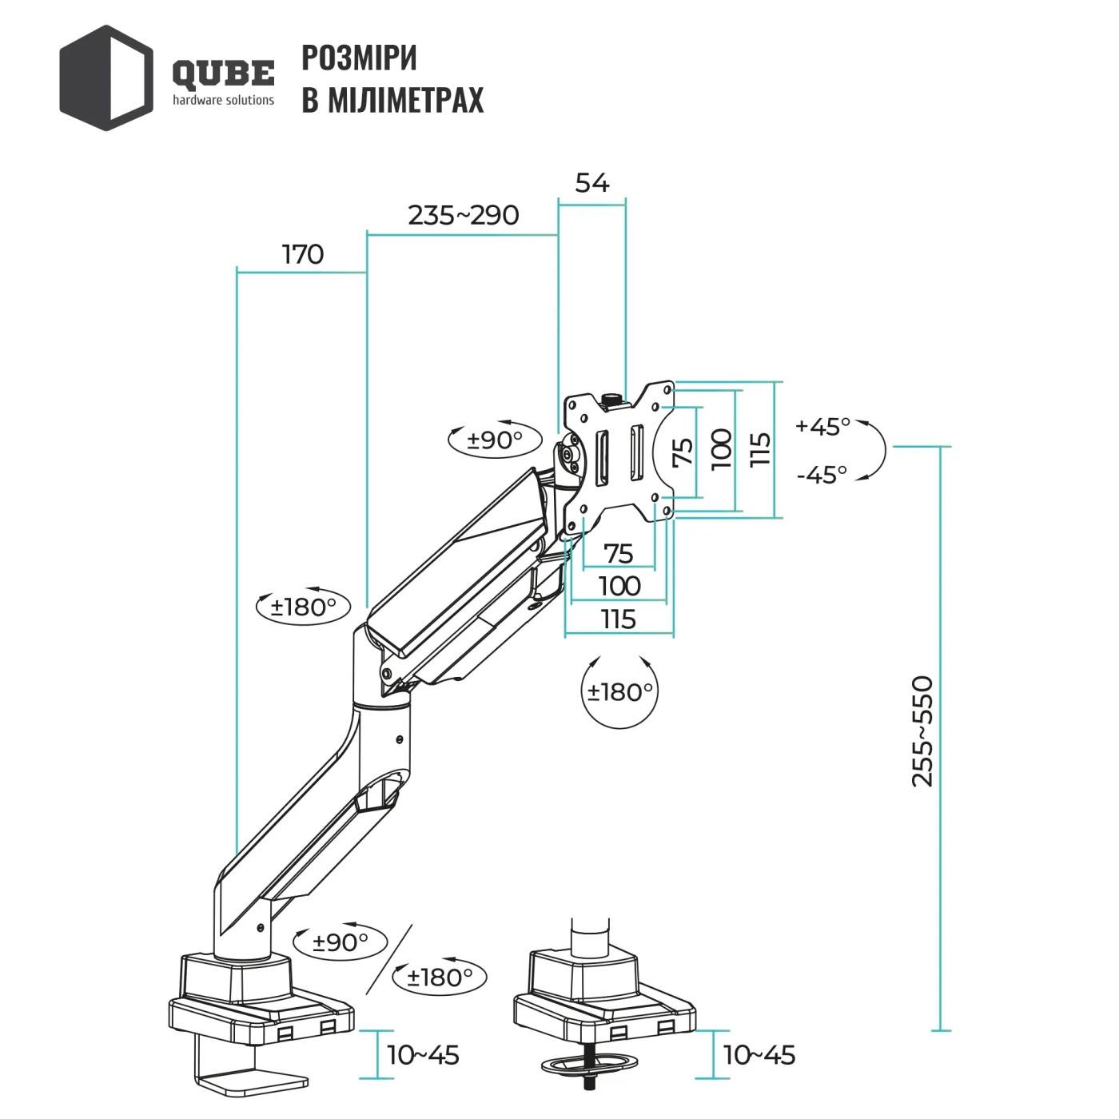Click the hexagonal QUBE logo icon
point(106,78)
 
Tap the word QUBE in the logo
point(223,74)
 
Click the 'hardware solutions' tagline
point(223,100)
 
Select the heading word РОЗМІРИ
point(359,58)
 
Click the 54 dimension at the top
point(591,183)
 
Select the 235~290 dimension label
point(463,215)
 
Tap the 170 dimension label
point(303,254)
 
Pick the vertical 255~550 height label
point(922,731)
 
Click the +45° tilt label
point(822,426)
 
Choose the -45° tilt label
point(822,475)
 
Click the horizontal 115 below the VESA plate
point(619,619)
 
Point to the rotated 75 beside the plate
point(683,452)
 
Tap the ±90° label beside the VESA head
point(495,439)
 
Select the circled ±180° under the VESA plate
point(620,691)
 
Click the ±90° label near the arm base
point(340,942)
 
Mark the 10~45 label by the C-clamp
point(423,1055)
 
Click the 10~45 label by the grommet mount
point(759,1055)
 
